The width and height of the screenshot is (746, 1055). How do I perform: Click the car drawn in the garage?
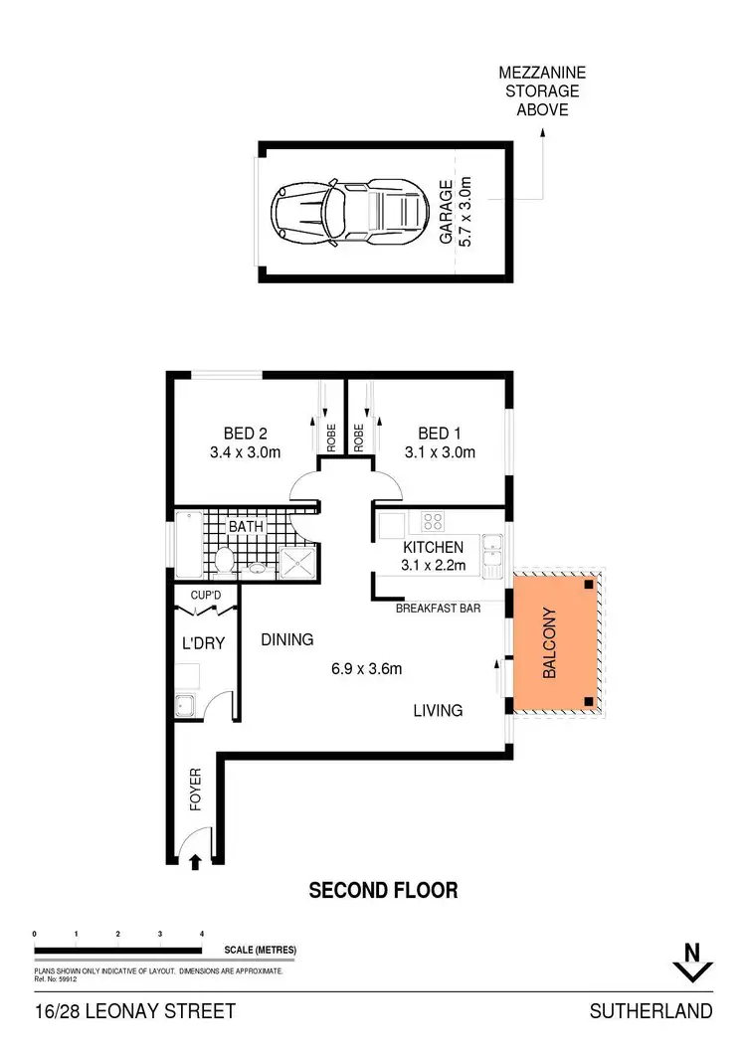click(349, 210)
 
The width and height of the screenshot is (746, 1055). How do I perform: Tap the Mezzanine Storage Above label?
click(543, 90)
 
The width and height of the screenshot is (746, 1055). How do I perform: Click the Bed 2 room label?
click(246, 442)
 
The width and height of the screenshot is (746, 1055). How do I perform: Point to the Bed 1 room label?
click(441, 442)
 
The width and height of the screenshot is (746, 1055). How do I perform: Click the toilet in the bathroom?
click(225, 562)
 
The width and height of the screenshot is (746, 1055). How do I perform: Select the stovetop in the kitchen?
click(433, 520)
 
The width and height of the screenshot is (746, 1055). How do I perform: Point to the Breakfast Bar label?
click(439, 608)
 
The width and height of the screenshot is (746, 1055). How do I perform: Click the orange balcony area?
click(552, 643)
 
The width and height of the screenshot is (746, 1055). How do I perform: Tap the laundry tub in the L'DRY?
click(186, 707)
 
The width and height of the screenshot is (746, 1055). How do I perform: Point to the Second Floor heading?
click(383, 890)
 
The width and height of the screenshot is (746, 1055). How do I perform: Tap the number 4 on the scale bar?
click(202, 934)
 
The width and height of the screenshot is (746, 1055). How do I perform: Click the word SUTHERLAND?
click(651, 1011)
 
